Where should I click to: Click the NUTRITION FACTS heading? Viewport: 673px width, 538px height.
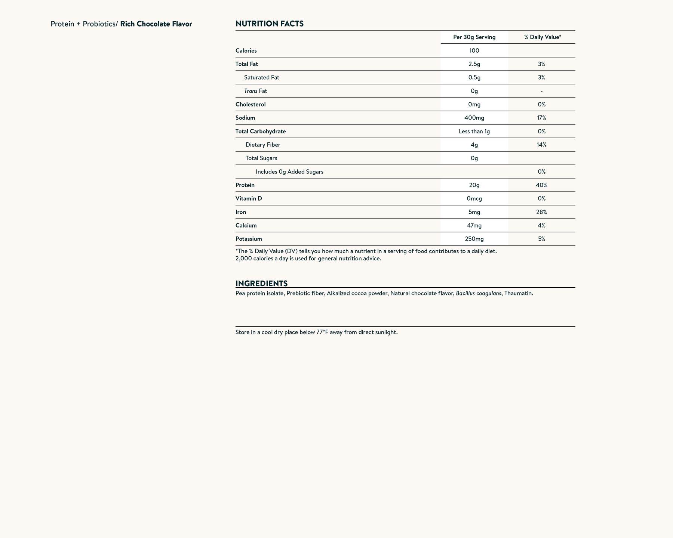[269, 24]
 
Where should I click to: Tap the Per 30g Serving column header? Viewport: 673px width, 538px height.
[474, 37]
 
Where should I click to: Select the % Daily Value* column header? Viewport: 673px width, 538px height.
[543, 37]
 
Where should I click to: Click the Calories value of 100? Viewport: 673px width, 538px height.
[474, 50]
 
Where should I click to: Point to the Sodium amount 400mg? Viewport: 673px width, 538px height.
[474, 118]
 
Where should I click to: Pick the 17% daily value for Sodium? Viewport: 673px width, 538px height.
[541, 118]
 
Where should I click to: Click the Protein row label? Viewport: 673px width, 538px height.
[245, 185]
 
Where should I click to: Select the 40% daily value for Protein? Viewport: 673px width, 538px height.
[541, 185]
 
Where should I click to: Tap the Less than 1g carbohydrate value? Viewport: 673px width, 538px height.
[474, 131]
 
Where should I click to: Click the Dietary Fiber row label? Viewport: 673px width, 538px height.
[263, 145]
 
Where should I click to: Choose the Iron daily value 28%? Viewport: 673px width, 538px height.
[541, 212]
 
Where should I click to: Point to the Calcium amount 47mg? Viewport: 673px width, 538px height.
[474, 225]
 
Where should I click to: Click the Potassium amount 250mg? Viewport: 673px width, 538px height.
[474, 239]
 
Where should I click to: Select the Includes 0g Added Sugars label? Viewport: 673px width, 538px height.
[289, 172]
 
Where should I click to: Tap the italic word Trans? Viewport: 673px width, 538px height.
[251, 91]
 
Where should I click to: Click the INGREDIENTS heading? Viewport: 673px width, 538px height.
[261, 283]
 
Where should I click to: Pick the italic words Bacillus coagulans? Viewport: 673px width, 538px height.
[478, 293]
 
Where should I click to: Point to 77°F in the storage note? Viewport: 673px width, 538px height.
[322, 332]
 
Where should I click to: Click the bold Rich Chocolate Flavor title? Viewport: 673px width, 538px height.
[156, 24]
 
